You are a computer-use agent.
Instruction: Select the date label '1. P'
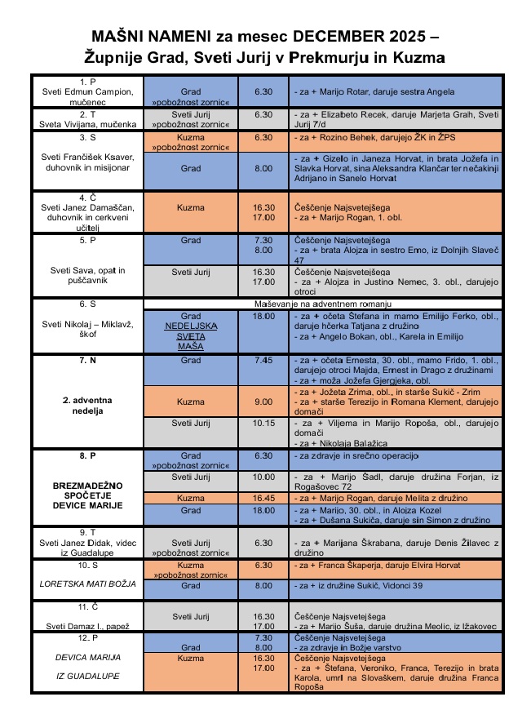pos(87,81)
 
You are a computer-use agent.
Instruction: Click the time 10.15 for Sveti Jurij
pos(263,423)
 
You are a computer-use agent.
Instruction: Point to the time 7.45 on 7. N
pos(263,360)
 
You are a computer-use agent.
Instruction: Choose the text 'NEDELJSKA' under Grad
pos(191,326)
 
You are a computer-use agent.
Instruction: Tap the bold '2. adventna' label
pos(87,401)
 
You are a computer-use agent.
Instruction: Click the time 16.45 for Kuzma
pos(263,498)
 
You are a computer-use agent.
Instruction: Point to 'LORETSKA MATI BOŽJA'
pos(87,584)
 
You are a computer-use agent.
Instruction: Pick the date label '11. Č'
pos(87,608)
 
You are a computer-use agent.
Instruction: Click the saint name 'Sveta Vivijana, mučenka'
pos(87,125)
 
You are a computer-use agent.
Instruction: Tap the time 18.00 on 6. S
pos(263,316)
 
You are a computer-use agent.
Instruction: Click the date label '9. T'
pos(87,531)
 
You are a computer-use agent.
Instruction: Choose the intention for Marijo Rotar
pos(374,91)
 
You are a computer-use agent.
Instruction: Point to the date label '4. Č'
pos(87,198)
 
